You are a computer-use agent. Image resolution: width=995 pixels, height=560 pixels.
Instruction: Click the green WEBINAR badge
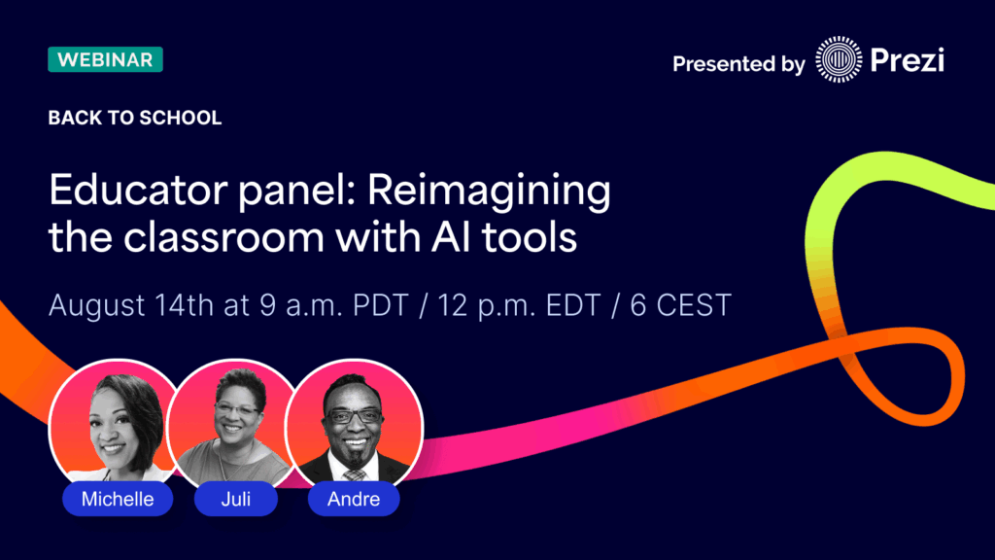[x=105, y=59]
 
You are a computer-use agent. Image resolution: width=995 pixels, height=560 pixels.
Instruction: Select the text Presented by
[x=738, y=65]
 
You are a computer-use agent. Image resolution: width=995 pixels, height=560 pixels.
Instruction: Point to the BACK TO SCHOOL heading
[x=135, y=119]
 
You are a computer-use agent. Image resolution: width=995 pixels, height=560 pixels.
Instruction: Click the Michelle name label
[x=117, y=500]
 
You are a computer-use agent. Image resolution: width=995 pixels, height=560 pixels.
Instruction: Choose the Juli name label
[x=236, y=500]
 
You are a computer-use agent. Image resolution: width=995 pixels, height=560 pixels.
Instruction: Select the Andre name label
[x=354, y=500]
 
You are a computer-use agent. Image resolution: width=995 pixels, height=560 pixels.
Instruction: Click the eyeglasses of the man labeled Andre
[x=354, y=415]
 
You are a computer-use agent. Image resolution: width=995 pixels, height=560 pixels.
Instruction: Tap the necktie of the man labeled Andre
[x=355, y=473]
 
